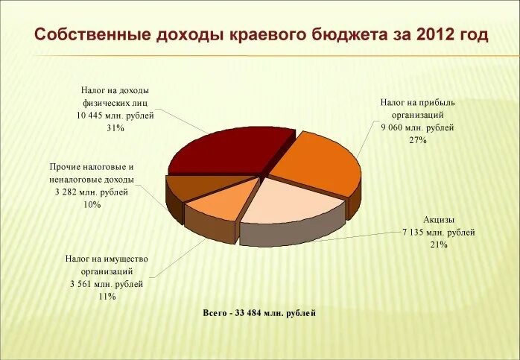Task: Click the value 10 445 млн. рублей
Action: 115,116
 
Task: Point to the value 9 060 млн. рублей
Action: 417,127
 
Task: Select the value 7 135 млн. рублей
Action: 438,232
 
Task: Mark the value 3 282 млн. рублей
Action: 92,192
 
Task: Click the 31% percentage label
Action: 115,128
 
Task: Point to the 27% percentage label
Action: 417,140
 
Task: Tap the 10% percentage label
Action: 92,204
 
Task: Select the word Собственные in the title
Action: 92,34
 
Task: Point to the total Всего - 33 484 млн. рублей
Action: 259,313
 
